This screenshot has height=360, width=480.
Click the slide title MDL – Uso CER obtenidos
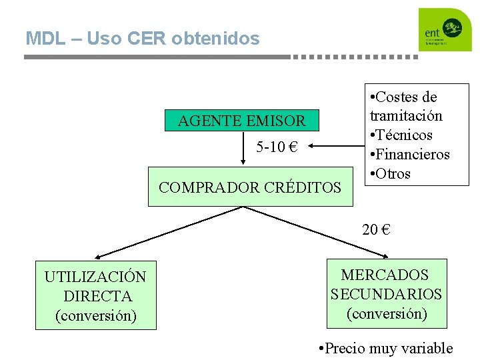142,39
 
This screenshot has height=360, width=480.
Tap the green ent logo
445,30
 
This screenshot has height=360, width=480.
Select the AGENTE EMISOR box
241,121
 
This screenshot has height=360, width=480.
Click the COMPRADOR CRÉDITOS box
250,187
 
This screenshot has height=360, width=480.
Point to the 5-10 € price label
276,147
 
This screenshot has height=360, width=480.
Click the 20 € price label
376,230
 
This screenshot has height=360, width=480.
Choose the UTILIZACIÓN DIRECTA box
95,295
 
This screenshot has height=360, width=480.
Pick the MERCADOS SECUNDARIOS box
386,294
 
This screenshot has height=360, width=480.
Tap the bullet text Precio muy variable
386,348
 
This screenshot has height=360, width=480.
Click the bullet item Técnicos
404,135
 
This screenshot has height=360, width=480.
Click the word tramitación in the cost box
406,116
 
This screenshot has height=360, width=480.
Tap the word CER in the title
148,39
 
